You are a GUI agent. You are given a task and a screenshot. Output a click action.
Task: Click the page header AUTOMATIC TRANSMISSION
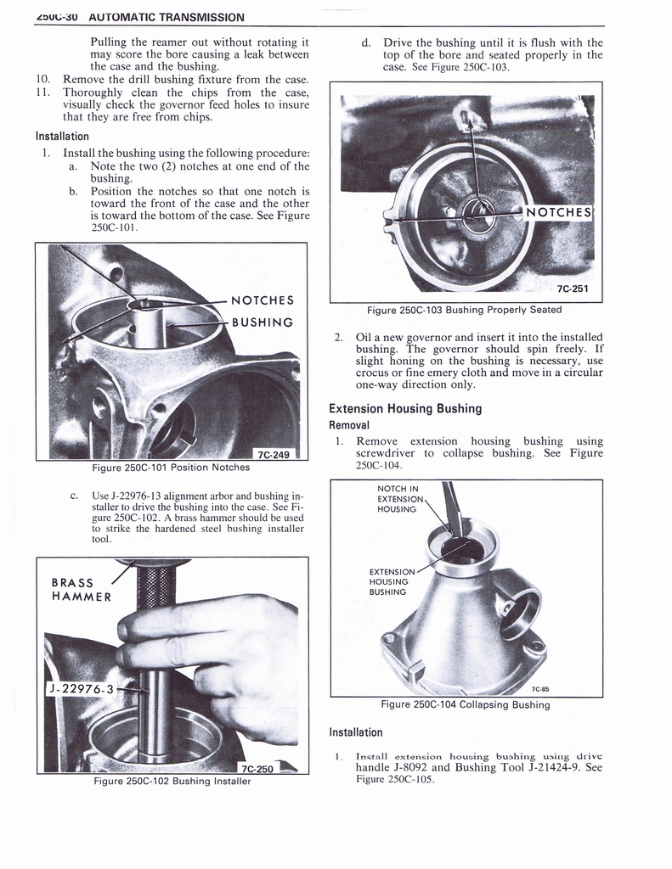tap(166, 17)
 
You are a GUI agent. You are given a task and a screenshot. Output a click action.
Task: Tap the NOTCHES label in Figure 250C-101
tap(263, 300)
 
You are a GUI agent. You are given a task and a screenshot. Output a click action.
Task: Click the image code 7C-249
tap(273, 454)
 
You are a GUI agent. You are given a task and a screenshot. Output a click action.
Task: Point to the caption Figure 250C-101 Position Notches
tap(171, 467)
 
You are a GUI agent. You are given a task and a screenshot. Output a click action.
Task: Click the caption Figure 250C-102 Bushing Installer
tap(172, 782)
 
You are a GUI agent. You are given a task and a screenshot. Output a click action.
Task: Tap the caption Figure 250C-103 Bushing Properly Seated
tap(464, 310)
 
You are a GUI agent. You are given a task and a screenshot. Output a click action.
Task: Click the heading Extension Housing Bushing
tap(405, 408)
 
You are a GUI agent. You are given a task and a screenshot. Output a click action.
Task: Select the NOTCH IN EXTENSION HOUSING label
tap(397, 499)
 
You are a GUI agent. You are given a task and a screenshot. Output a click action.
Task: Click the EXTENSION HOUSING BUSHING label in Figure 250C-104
tap(392, 581)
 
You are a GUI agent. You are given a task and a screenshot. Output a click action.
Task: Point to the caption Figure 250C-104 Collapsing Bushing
tap(465, 704)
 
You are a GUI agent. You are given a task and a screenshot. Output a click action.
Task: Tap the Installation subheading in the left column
tap(62, 136)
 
